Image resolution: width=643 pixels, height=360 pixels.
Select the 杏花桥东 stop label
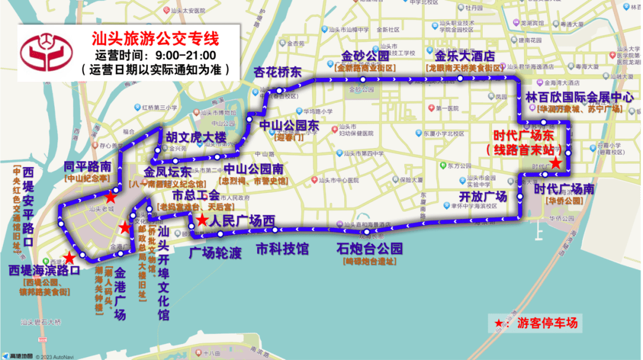click(277, 73)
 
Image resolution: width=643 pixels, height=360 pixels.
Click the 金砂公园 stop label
click(365, 57)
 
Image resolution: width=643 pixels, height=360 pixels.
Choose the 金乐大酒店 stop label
click(465, 57)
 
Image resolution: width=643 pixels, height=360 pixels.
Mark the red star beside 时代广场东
click(555, 162)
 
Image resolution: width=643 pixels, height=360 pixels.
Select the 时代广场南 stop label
click(564, 189)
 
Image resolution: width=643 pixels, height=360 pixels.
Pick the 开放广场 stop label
click(483, 196)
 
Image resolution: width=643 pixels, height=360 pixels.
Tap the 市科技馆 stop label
click(282, 248)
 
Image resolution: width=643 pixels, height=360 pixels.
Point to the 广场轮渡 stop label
click(216, 252)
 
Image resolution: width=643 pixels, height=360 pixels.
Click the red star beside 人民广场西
click(202, 221)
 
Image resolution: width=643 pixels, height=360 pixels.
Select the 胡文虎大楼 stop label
click(196, 137)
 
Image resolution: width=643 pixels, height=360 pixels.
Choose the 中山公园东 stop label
click(289, 126)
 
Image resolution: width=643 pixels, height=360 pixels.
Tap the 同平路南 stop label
click(88, 166)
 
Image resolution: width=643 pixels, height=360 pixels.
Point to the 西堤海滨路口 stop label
click(44, 270)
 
